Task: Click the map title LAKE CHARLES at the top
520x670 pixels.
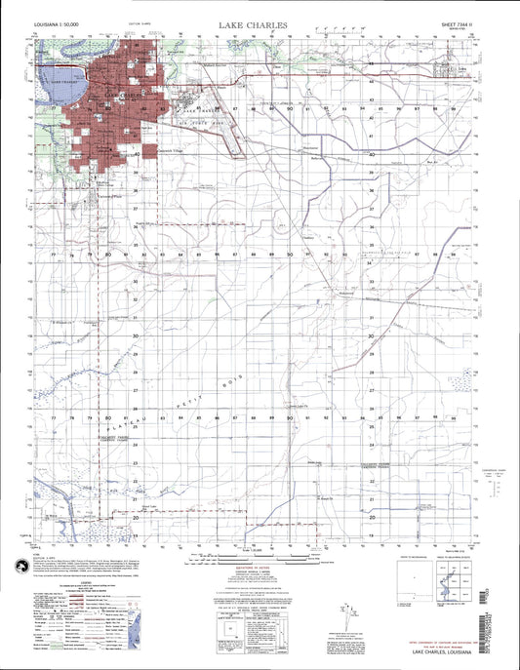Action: pos(260,22)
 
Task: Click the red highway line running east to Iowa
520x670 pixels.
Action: pos(322,76)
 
